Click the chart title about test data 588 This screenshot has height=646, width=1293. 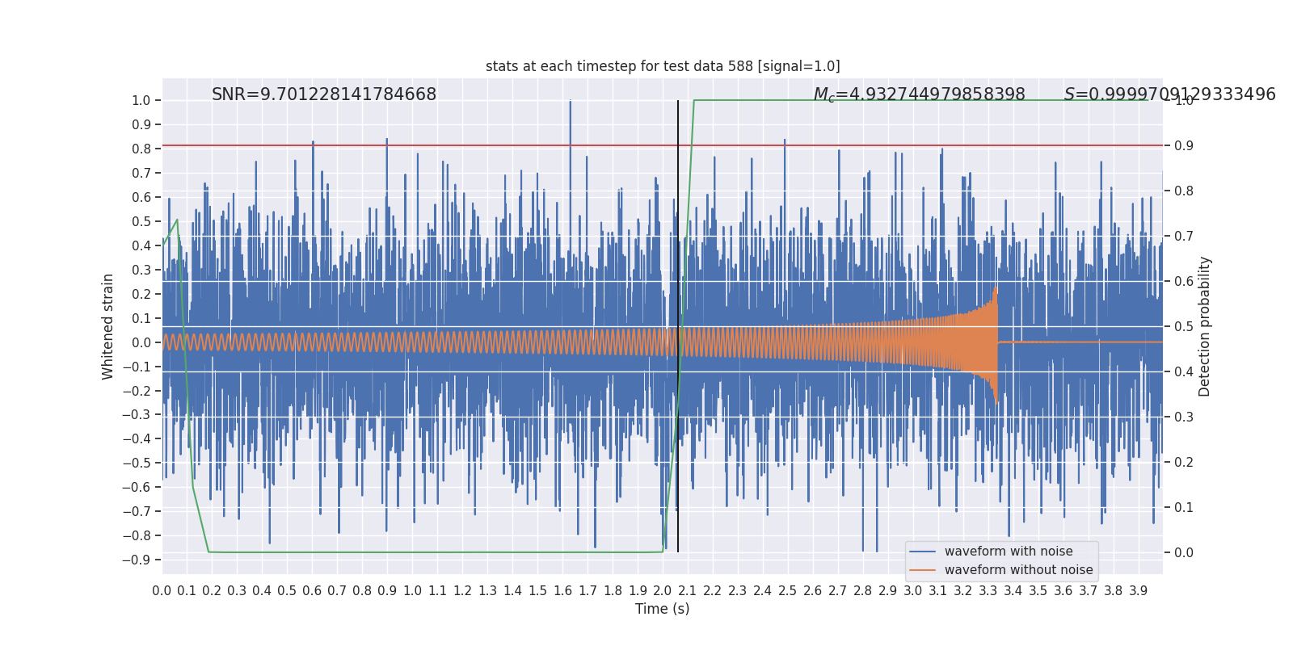point(663,66)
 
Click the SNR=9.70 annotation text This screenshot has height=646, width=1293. point(323,94)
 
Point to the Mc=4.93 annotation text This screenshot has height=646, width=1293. point(919,94)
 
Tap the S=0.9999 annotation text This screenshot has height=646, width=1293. point(1169,94)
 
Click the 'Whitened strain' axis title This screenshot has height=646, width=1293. point(108,326)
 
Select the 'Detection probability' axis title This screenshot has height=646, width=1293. point(1205,326)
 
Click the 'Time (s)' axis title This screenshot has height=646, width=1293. point(662,609)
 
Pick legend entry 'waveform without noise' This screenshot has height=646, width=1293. point(1018,570)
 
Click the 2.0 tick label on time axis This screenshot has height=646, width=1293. point(663,590)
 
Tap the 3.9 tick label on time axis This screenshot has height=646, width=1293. point(1138,590)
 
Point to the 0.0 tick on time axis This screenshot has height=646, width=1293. point(162,590)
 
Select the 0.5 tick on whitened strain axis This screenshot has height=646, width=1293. point(141,221)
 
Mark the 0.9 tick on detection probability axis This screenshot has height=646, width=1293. point(1183,145)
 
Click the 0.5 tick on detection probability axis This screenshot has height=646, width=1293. point(1183,326)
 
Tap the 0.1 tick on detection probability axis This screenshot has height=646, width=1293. point(1183,507)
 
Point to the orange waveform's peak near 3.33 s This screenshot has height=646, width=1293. point(996,289)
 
